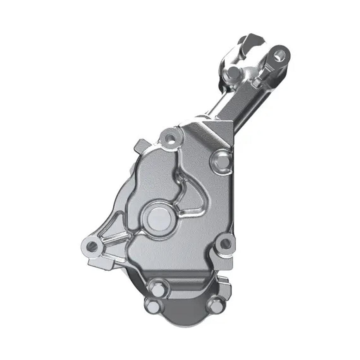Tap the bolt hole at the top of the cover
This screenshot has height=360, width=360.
click(171, 138)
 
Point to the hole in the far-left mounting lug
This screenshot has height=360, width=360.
click(92, 246)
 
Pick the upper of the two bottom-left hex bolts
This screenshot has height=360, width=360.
click(156, 288)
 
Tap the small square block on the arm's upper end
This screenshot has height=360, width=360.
click(256, 83)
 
